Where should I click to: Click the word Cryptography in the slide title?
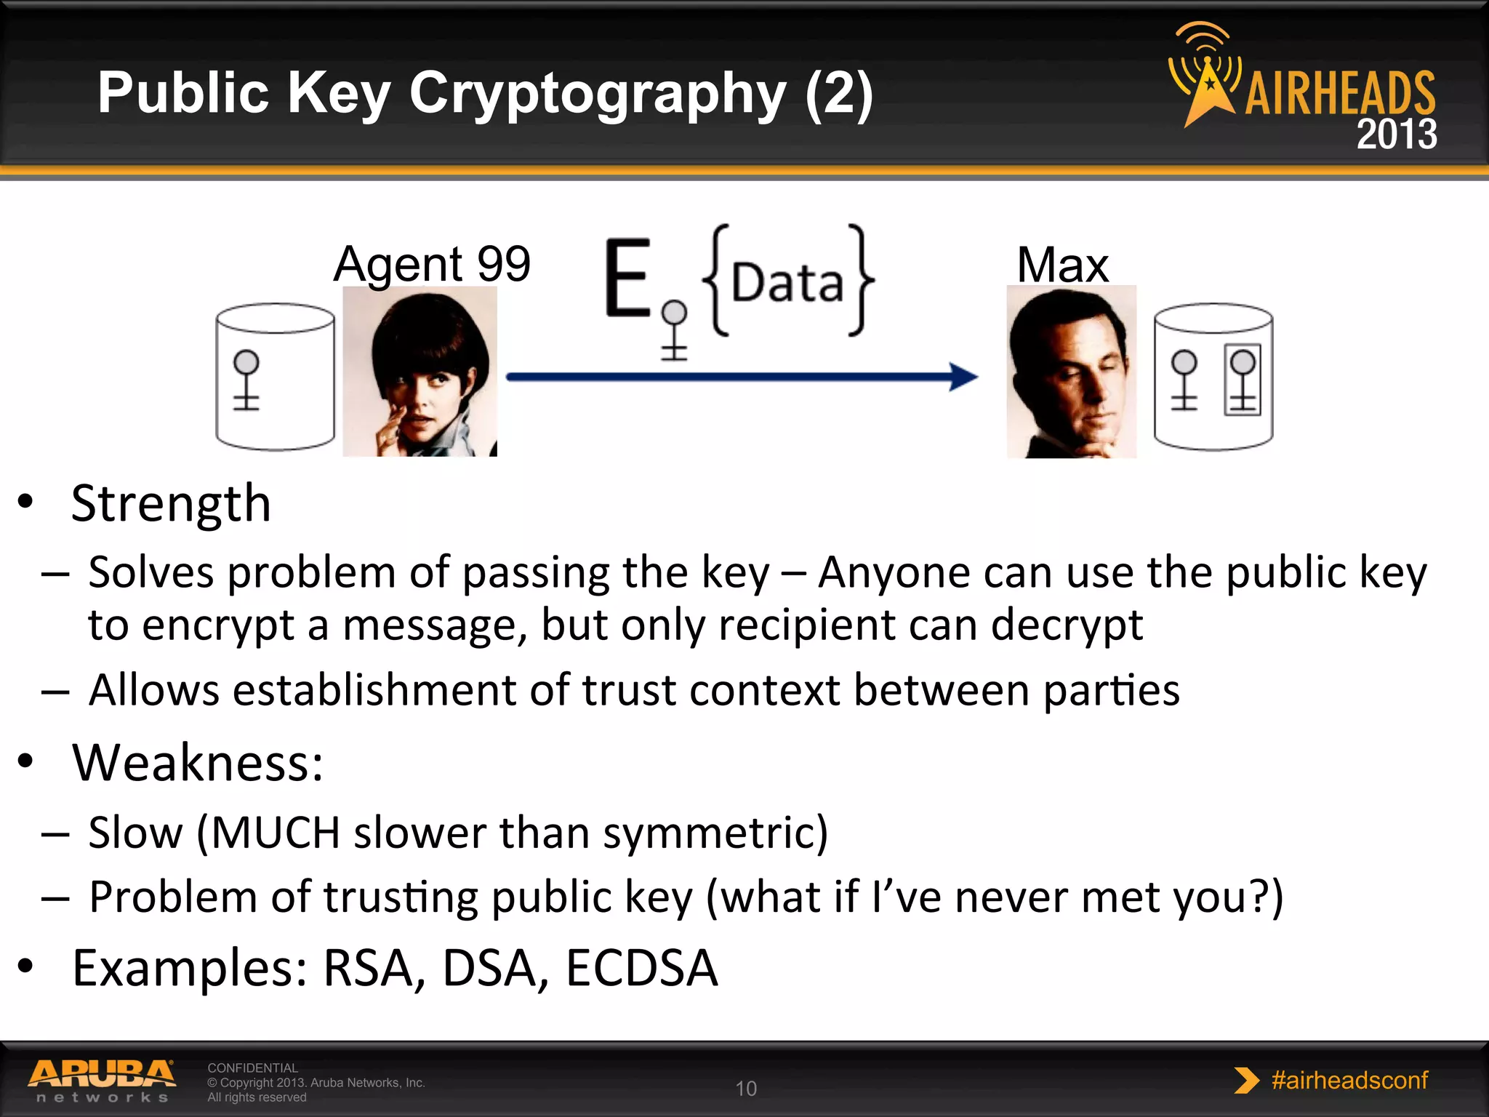pos(597,95)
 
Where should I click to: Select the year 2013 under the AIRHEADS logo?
pos(1396,135)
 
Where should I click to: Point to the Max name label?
pos(1062,265)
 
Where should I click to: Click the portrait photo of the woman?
pos(420,372)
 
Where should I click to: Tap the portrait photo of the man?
pos(1071,372)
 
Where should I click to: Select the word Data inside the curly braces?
pos(787,282)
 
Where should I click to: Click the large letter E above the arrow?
pos(627,279)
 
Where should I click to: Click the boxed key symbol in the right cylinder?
pos(1243,380)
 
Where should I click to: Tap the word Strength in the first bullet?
pos(171,503)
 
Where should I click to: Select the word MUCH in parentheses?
pos(276,833)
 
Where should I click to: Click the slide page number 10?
pos(746,1089)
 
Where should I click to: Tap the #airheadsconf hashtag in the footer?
pos(1349,1081)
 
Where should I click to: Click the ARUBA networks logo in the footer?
pos(102,1081)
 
